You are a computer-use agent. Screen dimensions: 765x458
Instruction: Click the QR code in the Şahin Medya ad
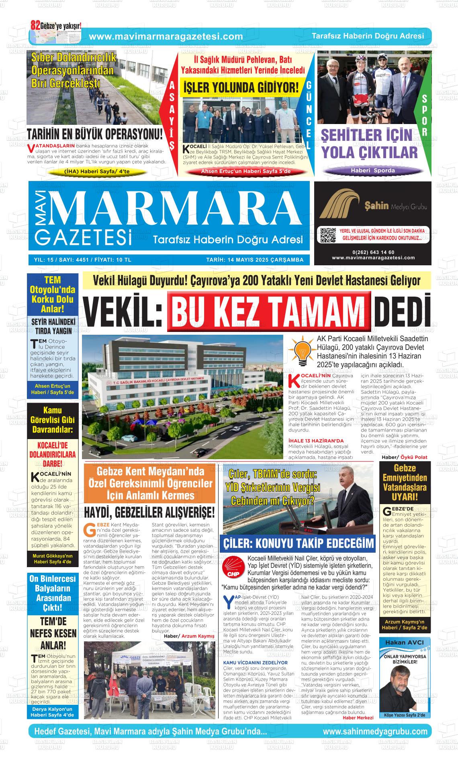click(x=327, y=235)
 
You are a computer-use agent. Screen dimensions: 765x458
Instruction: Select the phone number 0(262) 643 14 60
click(x=373, y=252)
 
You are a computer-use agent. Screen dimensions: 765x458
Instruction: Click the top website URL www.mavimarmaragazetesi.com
click(x=166, y=37)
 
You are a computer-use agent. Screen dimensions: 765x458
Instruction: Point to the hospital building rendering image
click(x=182, y=397)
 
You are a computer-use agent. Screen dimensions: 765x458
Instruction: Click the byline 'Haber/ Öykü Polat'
click(x=404, y=457)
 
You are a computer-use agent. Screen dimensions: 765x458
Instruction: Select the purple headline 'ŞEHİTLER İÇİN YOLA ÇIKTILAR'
click(x=369, y=144)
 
